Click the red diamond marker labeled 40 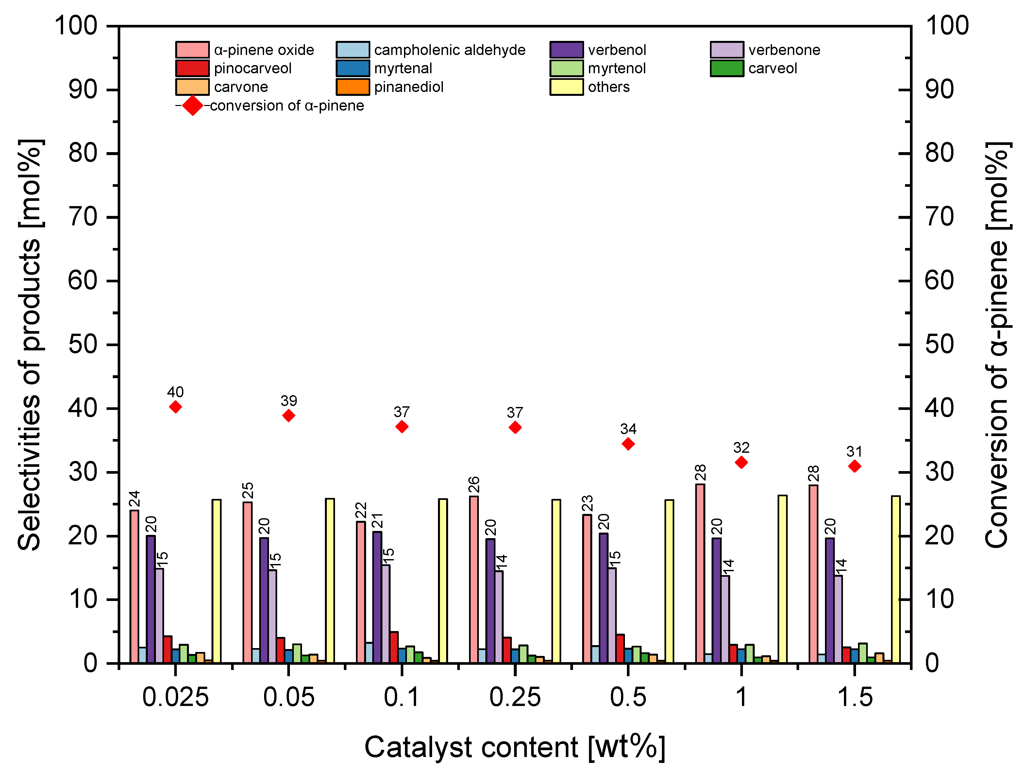(175, 407)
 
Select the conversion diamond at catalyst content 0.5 (628, 444)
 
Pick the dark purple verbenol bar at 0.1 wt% (377, 597)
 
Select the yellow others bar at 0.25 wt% (556, 581)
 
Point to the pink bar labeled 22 (361, 592)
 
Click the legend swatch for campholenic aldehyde (353, 50)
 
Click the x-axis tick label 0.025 (175, 697)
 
